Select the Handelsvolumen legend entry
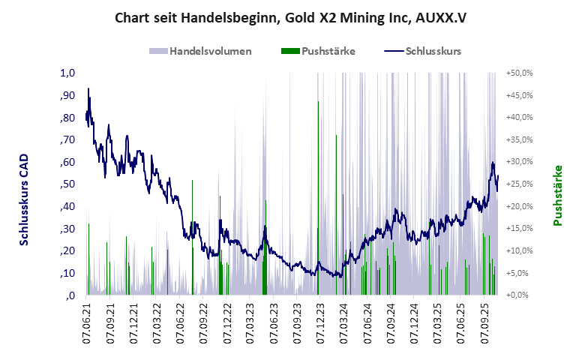point(200,51)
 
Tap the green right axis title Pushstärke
point(557,196)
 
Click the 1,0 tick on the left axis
point(68,73)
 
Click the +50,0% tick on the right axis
point(519,73)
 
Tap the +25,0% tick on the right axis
point(519,184)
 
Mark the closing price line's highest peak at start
point(88,89)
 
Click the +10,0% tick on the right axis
point(519,251)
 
